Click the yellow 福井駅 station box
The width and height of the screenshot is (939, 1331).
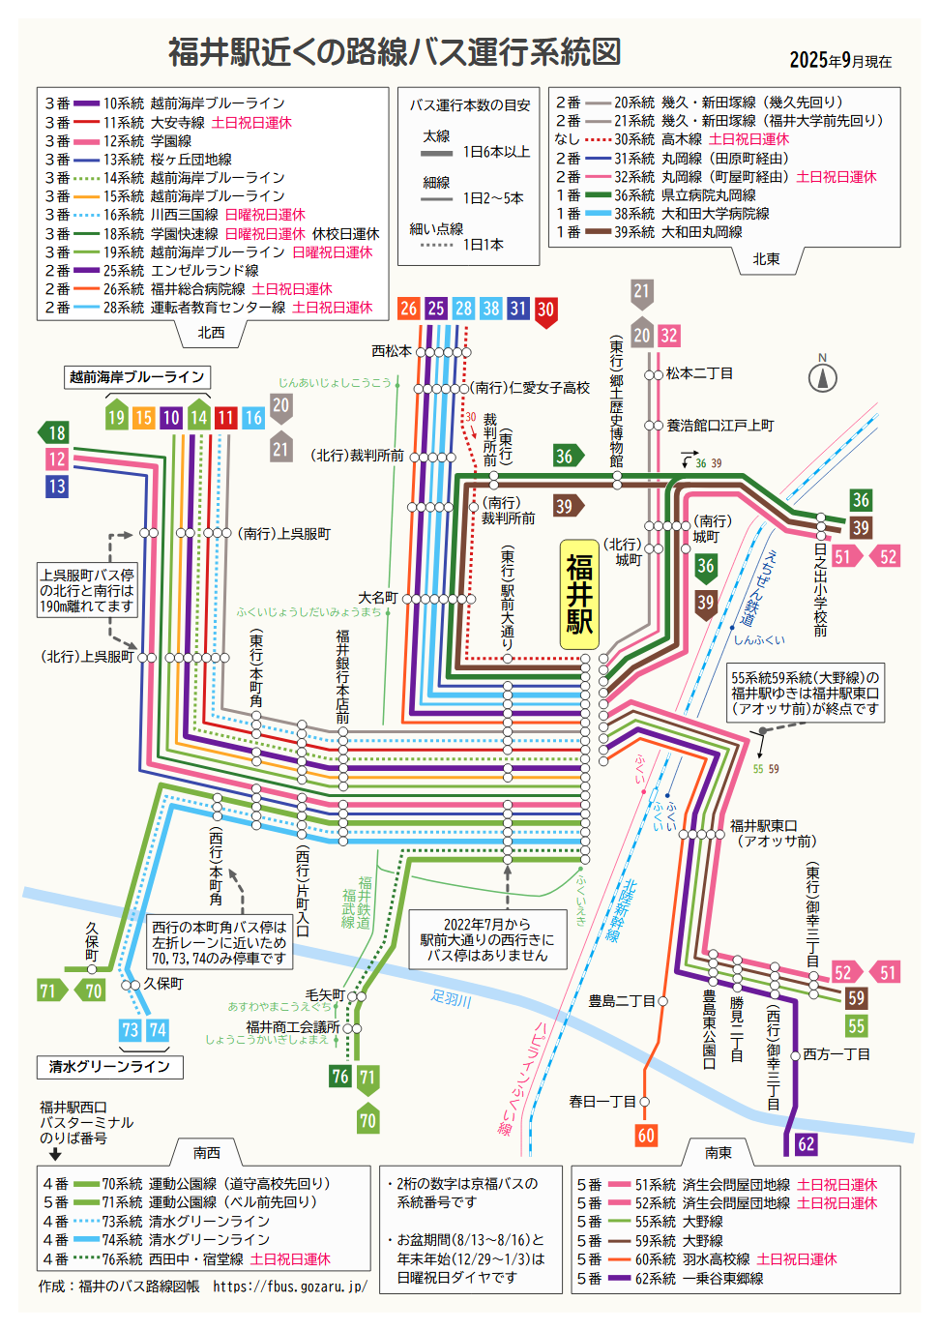click(x=580, y=594)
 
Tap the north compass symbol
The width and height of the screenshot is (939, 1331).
click(x=823, y=376)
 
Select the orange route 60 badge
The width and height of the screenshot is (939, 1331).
click(x=646, y=1136)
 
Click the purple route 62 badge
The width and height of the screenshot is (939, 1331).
click(x=806, y=1144)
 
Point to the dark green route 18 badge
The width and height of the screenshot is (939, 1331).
click(x=54, y=432)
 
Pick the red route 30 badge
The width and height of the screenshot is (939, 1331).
click(x=545, y=311)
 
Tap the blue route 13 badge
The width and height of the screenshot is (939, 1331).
click(x=57, y=487)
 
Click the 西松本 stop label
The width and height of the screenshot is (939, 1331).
click(x=392, y=351)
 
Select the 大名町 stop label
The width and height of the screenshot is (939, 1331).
click(x=377, y=598)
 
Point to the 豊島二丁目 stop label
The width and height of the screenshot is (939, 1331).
click(x=622, y=1001)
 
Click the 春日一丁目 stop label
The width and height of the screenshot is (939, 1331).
click(x=602, y=1102)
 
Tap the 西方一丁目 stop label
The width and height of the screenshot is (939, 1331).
click(x=836, y=1054)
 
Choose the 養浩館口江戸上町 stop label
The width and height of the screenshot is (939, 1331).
click(x=719, y=426)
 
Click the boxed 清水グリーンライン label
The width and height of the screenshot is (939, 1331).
click(x=109, y=1067)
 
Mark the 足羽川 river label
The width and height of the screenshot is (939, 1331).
click(x=451, y=998)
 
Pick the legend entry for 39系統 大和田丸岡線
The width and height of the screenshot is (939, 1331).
click(x=678, y=232)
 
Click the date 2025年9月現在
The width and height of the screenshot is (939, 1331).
click(x=840, y=60)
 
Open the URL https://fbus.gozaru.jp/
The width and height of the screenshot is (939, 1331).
click(x=290, y=1287)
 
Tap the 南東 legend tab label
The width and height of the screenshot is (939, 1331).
click(x=718, y=1152)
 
